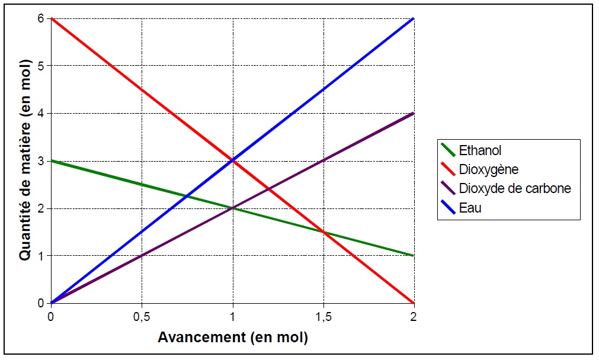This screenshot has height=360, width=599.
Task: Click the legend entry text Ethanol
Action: click(x=480, y=151)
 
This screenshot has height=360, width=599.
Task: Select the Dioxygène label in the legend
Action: click(x=489, y=170)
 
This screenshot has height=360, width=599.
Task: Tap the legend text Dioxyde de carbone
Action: click(x=515, y=189)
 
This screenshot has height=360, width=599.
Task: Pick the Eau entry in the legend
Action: click(x=470, y=208)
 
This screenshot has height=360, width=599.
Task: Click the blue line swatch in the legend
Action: click(x=447, y=208)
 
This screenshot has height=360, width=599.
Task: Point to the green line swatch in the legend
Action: click(x=447, y=151)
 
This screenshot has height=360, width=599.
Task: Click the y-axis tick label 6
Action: click(x=41, y=18)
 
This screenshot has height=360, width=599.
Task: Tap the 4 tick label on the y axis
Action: click(x=41, y=113)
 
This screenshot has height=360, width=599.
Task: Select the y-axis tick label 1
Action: click(x=41, y=256)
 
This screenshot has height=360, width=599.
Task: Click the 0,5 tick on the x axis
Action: click(x=142, y=317)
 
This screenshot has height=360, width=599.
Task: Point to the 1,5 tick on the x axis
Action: click(x=323, y=317)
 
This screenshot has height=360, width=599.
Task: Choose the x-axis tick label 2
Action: click(x=414, y=317)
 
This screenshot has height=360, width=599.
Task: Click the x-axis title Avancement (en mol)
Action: click(x=232, y=338)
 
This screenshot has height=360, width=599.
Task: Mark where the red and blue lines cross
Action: click(x=232, y=160)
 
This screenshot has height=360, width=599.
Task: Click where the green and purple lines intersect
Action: click(x=232, y=208)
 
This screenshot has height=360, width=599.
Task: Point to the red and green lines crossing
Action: click(x=323, y=232)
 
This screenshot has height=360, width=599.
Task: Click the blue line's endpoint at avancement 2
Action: click(x=414, y=18)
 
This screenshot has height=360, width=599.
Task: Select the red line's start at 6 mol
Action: click(x=52, y=18)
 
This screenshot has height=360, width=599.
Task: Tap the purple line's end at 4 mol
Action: click(x=414, y=113)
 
